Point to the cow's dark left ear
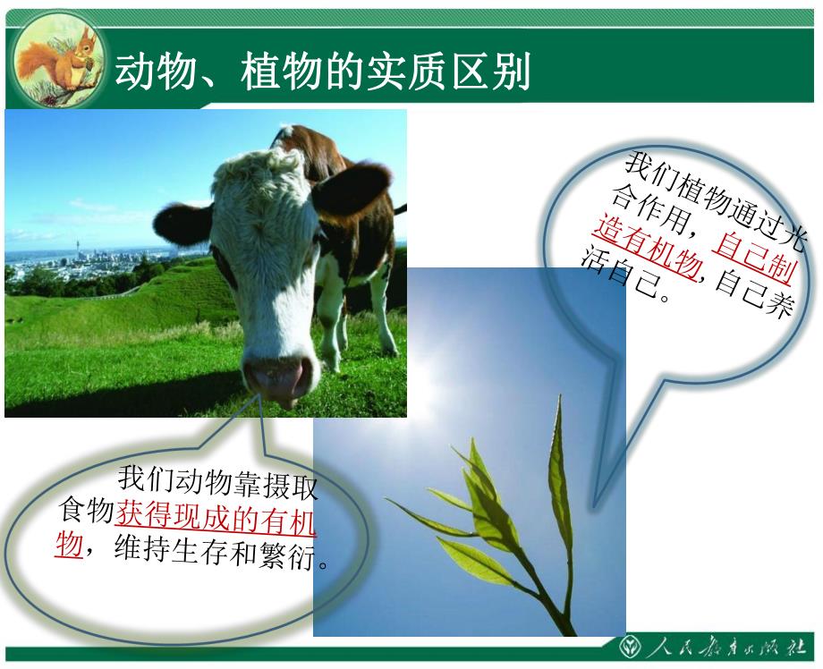[x=182, y=224]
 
